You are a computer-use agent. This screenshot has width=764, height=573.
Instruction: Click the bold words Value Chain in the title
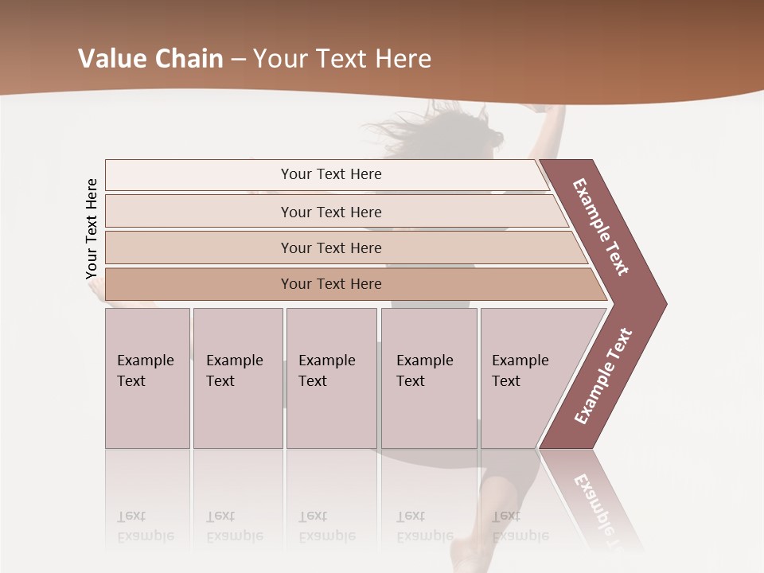(150, 59)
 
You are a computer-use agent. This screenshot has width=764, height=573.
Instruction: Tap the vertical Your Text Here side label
(92, 229)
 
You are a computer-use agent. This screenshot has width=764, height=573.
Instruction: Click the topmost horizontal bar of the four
(330, 174)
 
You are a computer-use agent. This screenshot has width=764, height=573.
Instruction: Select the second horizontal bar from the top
(330, 212)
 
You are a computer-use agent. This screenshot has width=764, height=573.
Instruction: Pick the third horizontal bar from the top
(330, 248)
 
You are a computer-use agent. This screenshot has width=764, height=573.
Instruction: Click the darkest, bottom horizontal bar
(330, 284)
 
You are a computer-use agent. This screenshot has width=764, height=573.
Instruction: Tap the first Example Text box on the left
(147, 378)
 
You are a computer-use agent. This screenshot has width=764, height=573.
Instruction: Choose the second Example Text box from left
(237, 378)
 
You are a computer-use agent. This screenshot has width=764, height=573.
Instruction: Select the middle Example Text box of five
(331, 378)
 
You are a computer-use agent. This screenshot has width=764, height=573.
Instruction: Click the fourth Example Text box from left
(429, 378)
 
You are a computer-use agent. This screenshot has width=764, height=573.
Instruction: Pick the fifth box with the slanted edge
(529, 378)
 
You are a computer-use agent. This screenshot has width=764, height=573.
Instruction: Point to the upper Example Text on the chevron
(601, 227)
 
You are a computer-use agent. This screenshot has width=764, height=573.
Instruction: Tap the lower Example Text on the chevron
(603, 376)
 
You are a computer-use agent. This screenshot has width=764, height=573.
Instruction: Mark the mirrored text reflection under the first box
(145, 526)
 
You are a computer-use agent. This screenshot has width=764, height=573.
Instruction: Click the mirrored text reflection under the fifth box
(520, 526)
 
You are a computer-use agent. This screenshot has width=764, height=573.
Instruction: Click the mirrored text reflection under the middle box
(326, 526)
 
